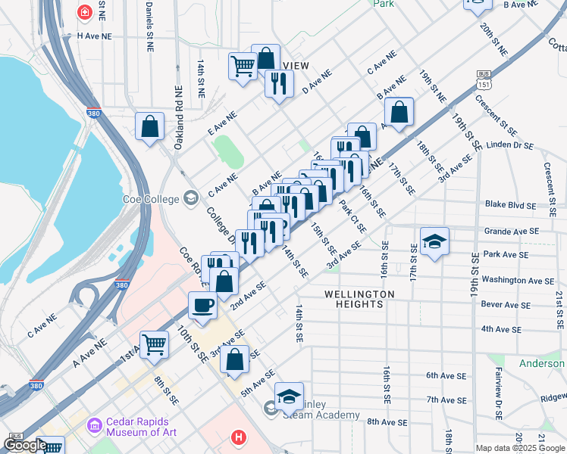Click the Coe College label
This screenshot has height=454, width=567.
click(151, 199)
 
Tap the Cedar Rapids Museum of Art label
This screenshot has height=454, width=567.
click(137, 428)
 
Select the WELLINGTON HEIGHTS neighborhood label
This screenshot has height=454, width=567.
click(359, 299)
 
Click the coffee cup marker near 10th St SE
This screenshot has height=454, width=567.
click(202, 305)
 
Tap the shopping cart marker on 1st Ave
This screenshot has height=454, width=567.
click(154, 344)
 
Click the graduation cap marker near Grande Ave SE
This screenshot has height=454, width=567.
click(434, 241)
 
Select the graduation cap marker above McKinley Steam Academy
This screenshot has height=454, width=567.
click(289, 396)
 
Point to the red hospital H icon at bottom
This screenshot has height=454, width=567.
click(239, 437)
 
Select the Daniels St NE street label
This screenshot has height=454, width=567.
click(147, 23)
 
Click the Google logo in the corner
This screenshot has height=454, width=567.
click(25, 445)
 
